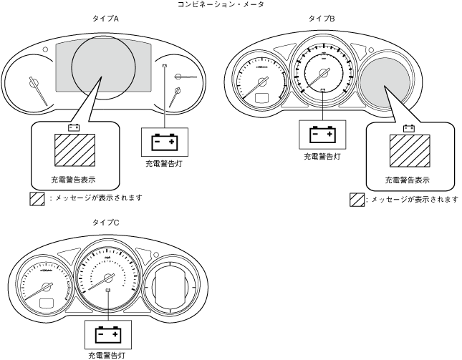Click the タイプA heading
tap(105, 18)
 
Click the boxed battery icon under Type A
tap(164, 142)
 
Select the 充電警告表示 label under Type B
tap(408, 180)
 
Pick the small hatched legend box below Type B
tap(356, 199)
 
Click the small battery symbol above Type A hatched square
tap(73, 128)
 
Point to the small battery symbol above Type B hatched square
tap(409, 129)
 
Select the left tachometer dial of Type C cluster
tap(44, 286)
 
